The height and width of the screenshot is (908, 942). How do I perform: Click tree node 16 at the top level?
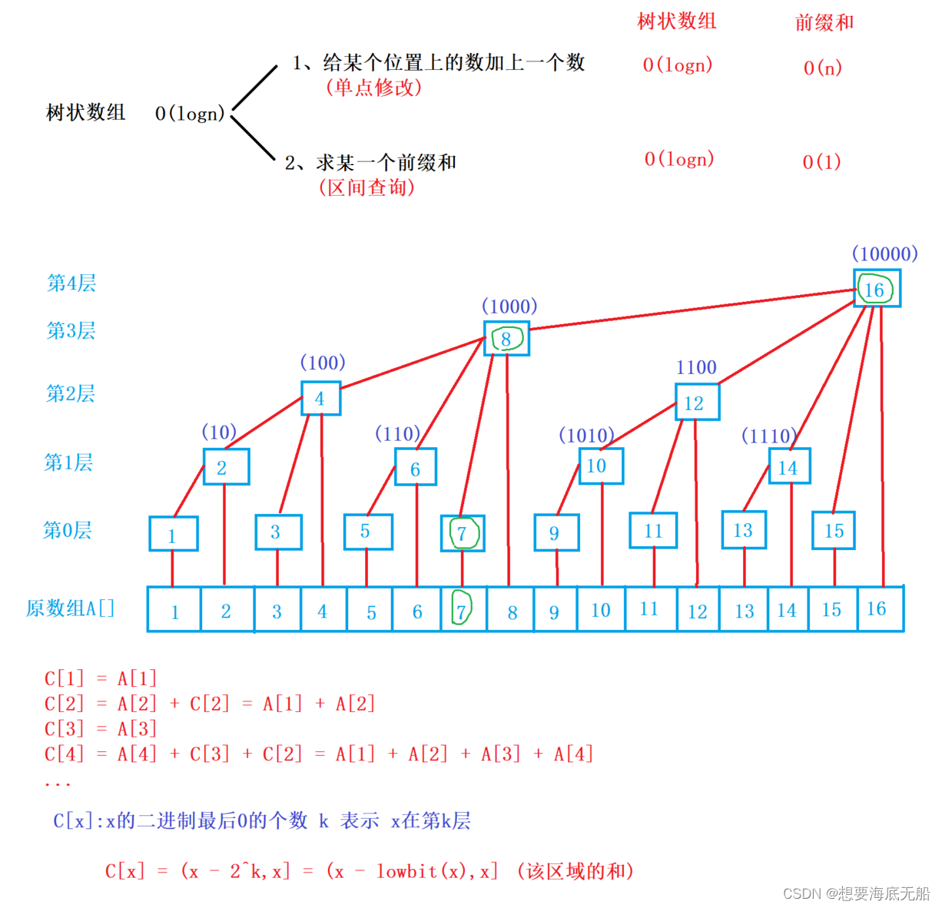[877, 289]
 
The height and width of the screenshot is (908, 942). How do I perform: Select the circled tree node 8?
[506, 339]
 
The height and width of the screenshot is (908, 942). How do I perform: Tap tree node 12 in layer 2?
[697, 403]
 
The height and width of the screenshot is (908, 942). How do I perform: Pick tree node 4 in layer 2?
[320, 398]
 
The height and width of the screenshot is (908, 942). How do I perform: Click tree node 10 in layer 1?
[600, 466]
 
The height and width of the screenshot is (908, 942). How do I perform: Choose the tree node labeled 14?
[789, 467]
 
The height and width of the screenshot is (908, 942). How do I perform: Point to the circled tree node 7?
[463, 533]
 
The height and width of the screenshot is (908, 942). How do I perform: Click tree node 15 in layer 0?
[834, 530]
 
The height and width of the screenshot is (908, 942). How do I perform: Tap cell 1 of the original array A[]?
[174, 611]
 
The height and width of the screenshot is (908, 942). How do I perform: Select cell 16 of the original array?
[877, 608]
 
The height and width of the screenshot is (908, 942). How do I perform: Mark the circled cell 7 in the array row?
[462, 610]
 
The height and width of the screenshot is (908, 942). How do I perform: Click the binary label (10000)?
[884, 254]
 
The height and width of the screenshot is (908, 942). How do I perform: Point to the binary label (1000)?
[509, 307]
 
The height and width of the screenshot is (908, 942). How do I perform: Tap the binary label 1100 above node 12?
[696, 367]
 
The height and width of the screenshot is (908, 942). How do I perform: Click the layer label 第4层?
[71, 283]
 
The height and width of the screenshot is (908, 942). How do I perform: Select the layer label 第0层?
[68, 530]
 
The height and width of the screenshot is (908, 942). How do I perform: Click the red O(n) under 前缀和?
[822, 68]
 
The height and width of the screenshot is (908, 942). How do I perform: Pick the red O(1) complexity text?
[821, 161]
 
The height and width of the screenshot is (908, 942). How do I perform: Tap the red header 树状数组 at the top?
[676, 22]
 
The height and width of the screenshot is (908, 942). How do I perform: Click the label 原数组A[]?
[70, 608]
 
